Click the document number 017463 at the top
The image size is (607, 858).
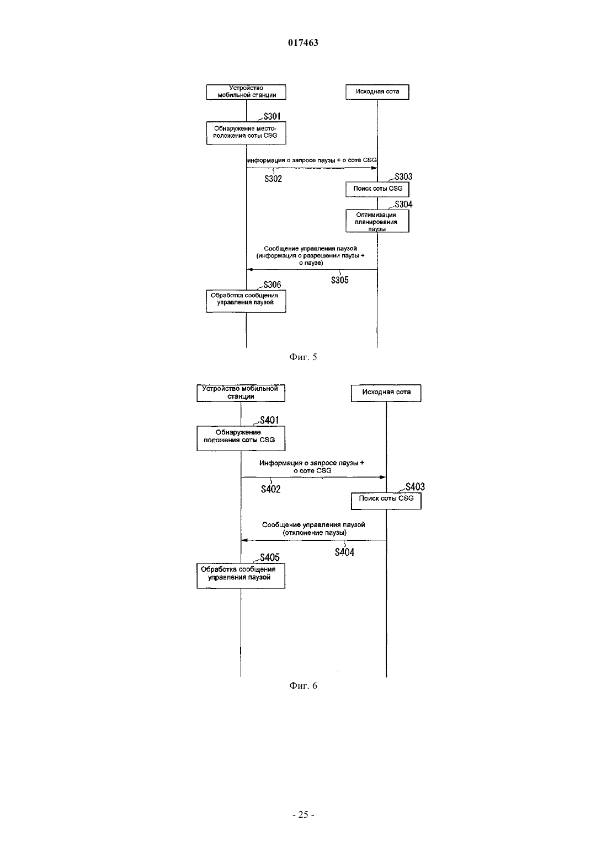(x=303, y=42)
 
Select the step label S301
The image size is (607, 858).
(x=272, y=116)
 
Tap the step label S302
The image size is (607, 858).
(x=273, y=179)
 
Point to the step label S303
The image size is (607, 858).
(x=403, y=176)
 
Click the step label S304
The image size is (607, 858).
(x=403, y=204)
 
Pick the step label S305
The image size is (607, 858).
(x=340, y=280)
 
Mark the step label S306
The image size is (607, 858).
(x=272, y=285)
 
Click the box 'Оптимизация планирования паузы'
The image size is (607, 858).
(x=377, y=221)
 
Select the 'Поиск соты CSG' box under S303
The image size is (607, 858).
(x=377, y=189)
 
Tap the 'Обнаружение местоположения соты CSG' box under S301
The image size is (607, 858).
(x=246, y=133)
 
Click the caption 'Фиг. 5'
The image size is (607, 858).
(x=303, y=357)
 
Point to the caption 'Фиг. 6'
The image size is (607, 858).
(x=303, y=685)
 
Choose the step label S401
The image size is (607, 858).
(x=269, y=420)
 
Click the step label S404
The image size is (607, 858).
(x=344, y=552)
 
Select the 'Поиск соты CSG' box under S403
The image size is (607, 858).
(x=386, y=501)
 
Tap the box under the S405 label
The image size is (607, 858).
(x=241, y=576)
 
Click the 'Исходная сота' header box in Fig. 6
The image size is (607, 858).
(x=386, y=393)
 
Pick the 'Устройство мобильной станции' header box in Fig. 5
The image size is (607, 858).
(x=246, y=92)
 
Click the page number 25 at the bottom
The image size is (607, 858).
(x=303, y=814)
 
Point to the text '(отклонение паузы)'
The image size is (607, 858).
(x=315, y=533)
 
